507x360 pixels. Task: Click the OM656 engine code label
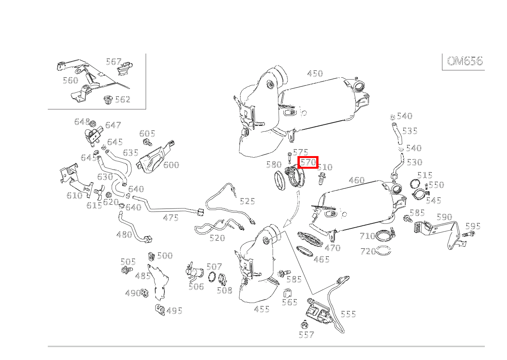coord(465,61)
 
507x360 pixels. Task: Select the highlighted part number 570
coord(308,162)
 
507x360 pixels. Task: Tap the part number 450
coord(315,73)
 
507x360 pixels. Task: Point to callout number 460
coord(357,180)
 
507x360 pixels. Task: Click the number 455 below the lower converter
coord(262,309)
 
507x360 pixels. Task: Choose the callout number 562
coord(123,99)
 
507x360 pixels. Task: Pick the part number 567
coord(114,62)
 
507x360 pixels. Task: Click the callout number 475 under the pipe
coord(171,218)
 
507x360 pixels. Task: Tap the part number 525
coord(247,201)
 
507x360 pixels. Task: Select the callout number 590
coord(444,217)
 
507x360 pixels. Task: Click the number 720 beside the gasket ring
coord(368,252)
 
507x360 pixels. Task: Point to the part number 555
coord(348,314)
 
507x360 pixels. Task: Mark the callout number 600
coord(171,165)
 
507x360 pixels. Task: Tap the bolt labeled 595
coord(468,234)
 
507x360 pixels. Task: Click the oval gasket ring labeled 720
coord(384,251)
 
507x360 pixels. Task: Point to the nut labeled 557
coord(304,326)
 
